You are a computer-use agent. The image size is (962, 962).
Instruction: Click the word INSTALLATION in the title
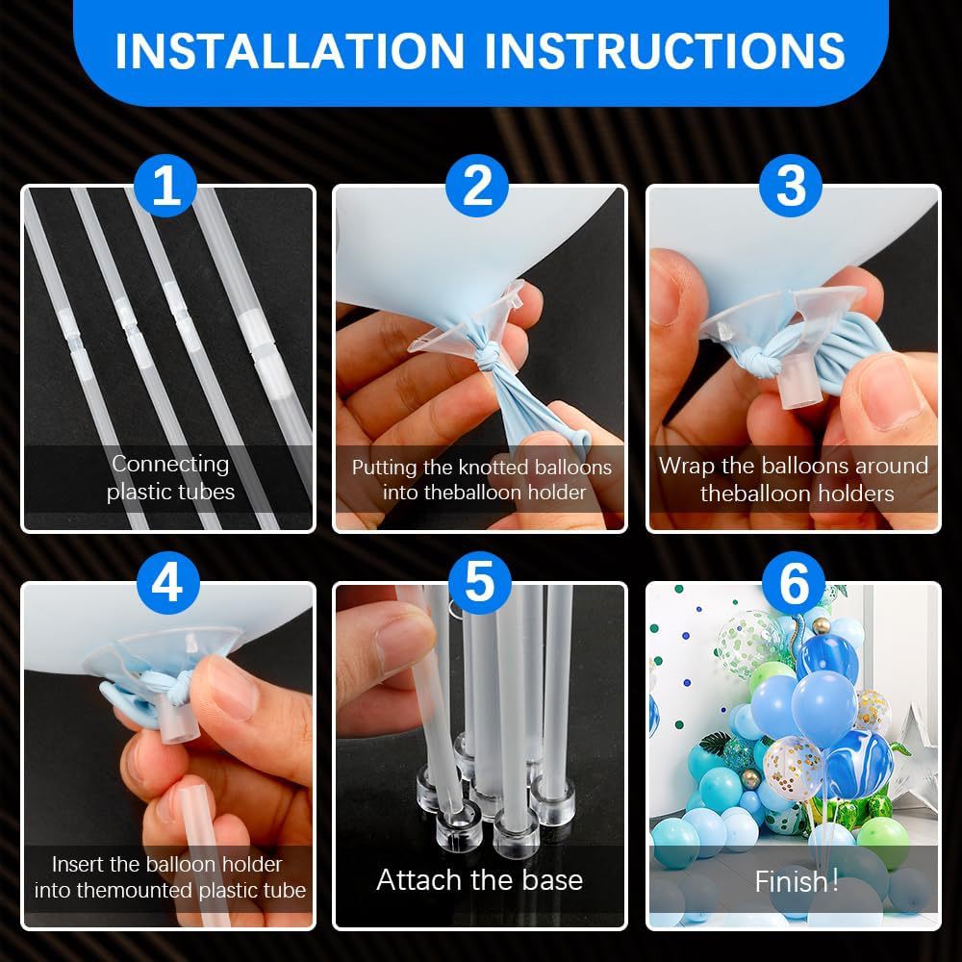(290, 51)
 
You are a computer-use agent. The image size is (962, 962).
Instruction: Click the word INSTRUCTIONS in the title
(665, 51)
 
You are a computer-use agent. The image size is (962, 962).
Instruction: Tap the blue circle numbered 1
(165, 186)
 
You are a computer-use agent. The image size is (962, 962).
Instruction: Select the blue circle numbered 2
(477, 186)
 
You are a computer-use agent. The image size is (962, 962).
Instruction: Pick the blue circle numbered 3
(790, 186)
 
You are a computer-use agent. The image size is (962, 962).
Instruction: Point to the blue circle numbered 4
(167, 583)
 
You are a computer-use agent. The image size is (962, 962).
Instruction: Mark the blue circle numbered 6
(794, 583)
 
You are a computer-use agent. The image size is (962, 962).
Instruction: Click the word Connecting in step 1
(170, 465)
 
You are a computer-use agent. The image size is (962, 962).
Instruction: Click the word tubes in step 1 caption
(204, 492)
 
